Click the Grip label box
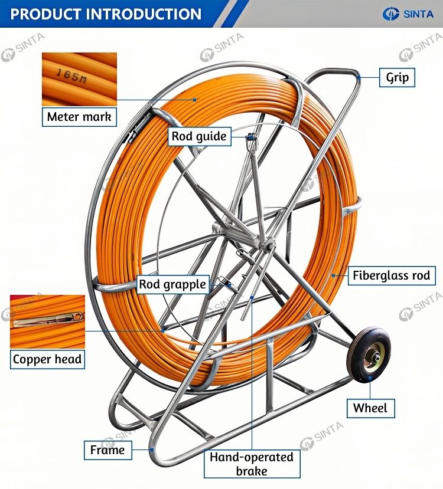[x=397, y=77]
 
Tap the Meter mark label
[x=79, y=117]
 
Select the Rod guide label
[x=199, y=136]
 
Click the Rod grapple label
[x=172, y=284]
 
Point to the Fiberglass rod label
[x=392, y=275]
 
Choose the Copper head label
[x=47, y=359]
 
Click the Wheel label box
[x=370, y=408]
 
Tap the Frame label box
[x=108, y=450]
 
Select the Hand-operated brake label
[x=252, y=464]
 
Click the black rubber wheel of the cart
[x=369, y=354]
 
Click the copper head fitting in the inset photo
[x=48, y=320]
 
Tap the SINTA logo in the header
[x=408, y=14]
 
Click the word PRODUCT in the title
[x=46, y=14]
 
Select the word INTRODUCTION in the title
[x=144, y=14]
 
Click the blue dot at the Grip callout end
[x=359, y=77]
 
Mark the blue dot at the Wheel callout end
[x=370, y=378]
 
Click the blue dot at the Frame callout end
[x=152, y=449]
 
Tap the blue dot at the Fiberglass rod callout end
[x=334, y=275]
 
